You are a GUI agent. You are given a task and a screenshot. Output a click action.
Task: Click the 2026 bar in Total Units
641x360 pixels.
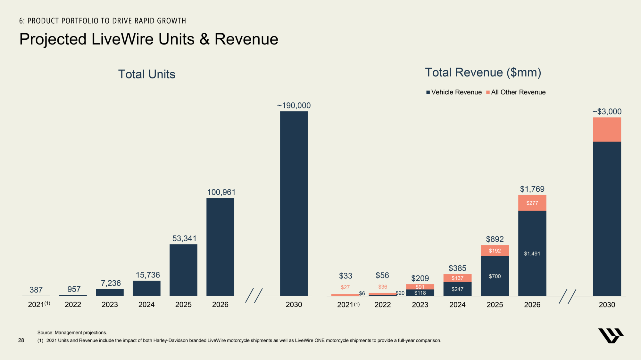[x=220, y=247]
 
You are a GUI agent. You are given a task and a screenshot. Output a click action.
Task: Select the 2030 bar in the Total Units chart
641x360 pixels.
[x=294, y=204]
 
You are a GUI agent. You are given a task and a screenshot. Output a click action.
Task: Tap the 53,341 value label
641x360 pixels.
[x=184, y=238]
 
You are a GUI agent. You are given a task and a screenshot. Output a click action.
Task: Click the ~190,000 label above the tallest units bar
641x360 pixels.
[x=294, y=106]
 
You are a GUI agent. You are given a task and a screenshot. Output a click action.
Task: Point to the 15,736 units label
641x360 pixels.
[x=147, y=275]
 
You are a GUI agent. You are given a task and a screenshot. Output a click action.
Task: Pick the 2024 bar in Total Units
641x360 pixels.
[x=146, y=288]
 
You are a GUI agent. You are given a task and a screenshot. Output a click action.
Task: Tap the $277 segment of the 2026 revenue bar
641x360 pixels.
[x=532, y=203]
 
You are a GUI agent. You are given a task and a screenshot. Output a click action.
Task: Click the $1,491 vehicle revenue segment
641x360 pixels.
[x=532, y=253]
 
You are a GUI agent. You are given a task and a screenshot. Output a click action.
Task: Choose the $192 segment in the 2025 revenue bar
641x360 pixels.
[x=495, y=251]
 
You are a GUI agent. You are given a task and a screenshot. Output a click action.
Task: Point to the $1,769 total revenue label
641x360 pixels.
[x=532, y=189]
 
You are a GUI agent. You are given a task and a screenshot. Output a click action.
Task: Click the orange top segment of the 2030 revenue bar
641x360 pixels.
[x=607, y=130]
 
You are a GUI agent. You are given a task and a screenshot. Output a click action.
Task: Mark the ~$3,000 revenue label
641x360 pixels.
[x=607, y=112]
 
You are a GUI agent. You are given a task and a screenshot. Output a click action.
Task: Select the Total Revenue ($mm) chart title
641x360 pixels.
[x=483, y=73]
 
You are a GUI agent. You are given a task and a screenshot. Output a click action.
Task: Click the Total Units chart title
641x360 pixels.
[x=147, y=74]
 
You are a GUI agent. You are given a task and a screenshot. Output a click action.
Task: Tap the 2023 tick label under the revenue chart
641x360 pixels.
[x=420, y=305]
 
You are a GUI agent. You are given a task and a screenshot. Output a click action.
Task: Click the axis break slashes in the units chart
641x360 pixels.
[x=254, y=295]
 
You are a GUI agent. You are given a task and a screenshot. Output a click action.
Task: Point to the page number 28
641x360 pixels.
[x=21, y=340]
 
